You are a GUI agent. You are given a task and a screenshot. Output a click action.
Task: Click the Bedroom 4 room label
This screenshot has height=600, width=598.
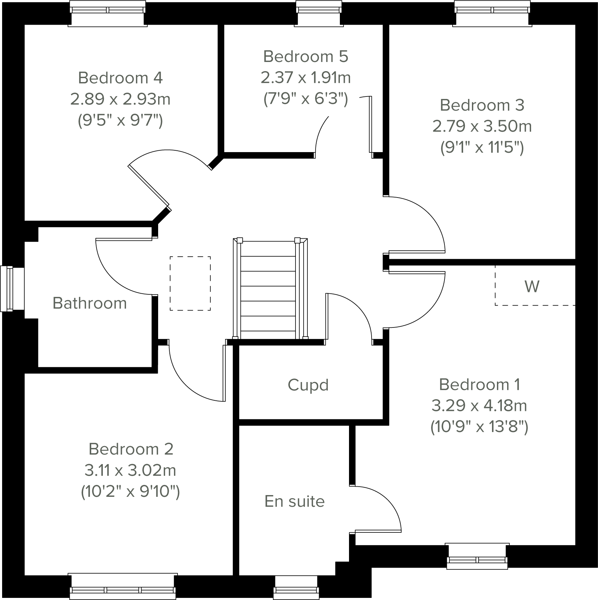coord(120,78)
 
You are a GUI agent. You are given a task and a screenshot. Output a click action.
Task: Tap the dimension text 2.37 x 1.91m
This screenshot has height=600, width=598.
coord(306,77)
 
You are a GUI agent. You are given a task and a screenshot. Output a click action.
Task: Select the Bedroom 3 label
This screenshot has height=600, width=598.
coord(482,105)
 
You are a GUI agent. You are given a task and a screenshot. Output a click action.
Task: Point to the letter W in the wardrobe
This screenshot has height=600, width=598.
coord(532,287)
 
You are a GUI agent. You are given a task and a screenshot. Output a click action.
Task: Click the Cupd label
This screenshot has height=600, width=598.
coord(308,385)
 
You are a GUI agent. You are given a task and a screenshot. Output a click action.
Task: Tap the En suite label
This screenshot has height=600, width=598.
coord(294,501)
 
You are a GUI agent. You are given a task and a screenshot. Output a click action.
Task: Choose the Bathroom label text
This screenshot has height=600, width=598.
coord(89,303)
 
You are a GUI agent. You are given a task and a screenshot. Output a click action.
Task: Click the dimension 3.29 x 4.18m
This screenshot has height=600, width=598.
coord(479,406)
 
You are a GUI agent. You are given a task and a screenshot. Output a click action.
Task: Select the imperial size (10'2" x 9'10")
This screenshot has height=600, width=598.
coord(130,491)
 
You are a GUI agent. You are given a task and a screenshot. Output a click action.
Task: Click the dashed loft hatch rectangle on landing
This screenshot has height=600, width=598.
coord(190,283)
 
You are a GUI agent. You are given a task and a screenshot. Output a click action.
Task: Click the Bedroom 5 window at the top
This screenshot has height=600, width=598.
coord(319,13)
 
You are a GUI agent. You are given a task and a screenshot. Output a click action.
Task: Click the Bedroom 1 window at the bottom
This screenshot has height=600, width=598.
coord(477,556)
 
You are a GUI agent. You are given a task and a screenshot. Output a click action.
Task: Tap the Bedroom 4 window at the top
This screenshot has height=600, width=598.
coord(107,13)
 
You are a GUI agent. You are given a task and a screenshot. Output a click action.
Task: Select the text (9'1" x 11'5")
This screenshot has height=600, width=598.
coord(482,147)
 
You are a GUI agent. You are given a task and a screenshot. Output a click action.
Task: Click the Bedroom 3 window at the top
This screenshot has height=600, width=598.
coord(492,13)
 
